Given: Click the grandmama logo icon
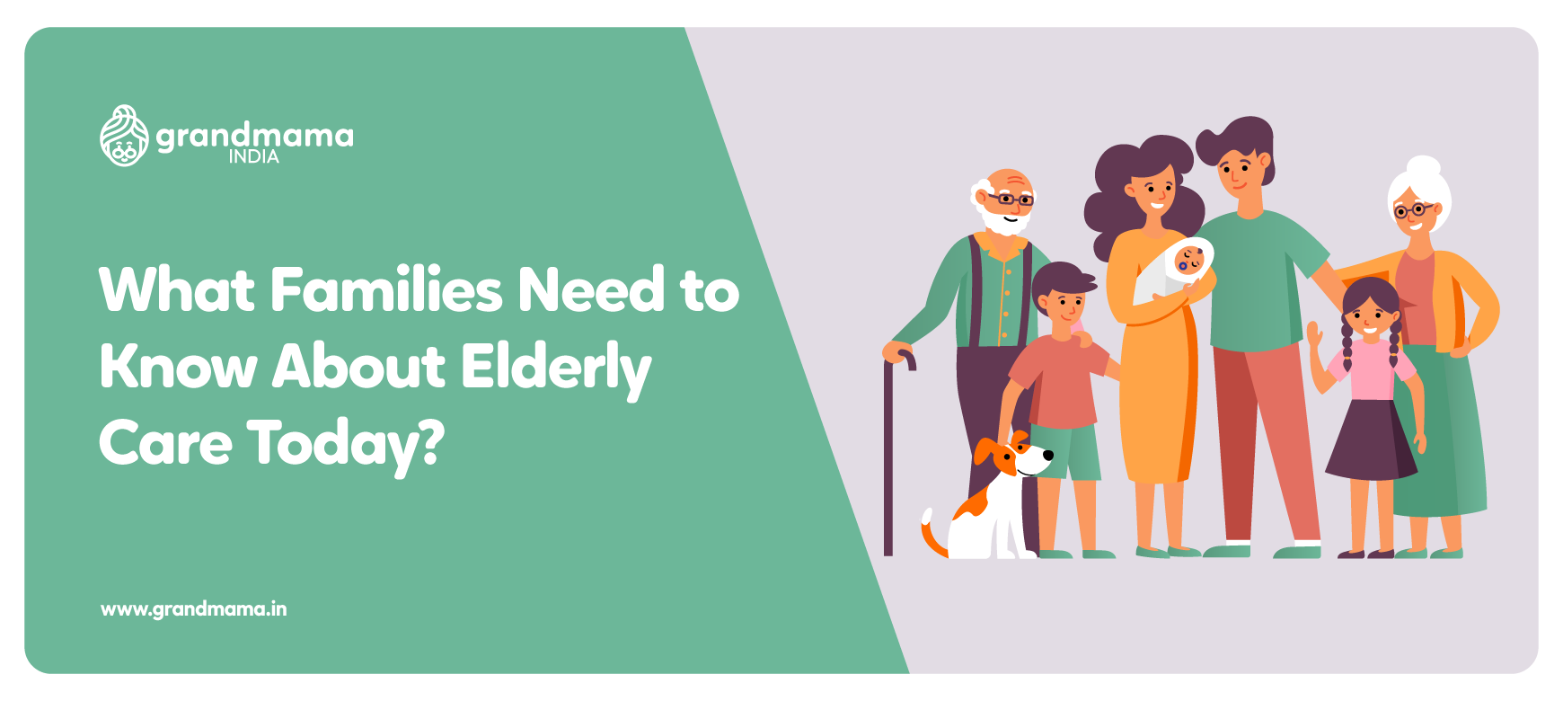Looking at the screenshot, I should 124,137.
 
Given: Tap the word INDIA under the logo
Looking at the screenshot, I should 253,157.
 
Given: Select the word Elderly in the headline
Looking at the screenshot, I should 556,368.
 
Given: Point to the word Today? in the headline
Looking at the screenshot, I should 346,445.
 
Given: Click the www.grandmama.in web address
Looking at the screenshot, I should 194,609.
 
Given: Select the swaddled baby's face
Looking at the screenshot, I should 1189,261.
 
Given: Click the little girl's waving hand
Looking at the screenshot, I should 1314,341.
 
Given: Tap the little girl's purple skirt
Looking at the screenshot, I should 1370,440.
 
